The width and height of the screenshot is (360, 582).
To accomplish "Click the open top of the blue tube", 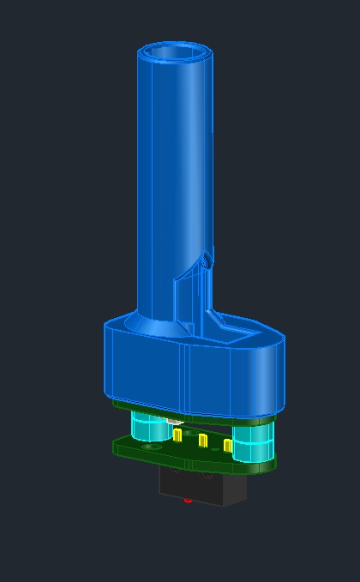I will click(175, 53).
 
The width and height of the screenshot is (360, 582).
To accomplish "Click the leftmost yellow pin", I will click(177, 435).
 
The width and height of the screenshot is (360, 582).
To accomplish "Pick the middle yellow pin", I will click(202, 441).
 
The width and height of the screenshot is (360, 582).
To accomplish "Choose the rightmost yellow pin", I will click(228, 446).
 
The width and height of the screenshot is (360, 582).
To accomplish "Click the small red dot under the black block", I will click(188, 501).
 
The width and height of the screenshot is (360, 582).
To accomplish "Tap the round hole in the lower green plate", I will click(151, 447).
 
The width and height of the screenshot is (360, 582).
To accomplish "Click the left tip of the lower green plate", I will click(116, 445).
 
